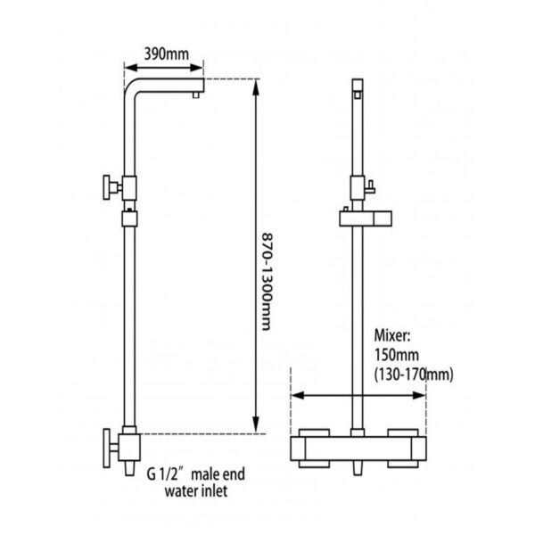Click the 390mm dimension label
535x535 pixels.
point(166,53)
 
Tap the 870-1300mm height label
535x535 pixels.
point(267,282)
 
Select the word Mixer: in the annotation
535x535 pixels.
point(392,336)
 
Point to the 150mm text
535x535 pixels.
point(397,355)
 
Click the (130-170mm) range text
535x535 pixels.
point(414,375)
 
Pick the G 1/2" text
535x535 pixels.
point(166,474)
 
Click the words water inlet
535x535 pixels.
point(196,491)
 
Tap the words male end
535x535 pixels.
point(218,474)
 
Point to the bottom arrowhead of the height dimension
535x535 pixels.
point(256,425)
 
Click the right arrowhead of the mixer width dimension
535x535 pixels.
point(418,396)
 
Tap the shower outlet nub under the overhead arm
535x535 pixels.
point(195,95)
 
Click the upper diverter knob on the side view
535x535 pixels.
point(111,187)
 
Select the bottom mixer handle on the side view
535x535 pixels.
point(110,449)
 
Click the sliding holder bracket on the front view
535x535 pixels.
point(366,218)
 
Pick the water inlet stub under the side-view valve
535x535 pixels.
point(129,468)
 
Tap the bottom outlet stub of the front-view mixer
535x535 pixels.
point(358,468)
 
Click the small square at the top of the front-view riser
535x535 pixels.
point(358,95)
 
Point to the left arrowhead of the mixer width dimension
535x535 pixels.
point(298,396)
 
